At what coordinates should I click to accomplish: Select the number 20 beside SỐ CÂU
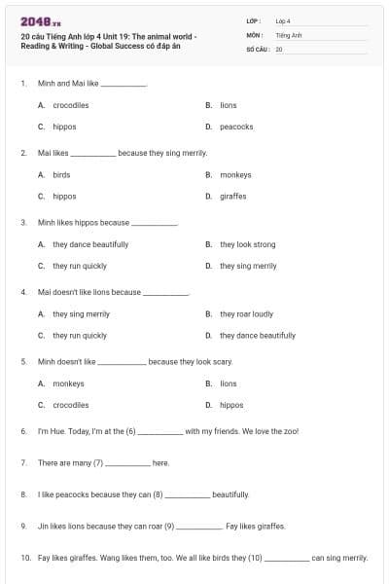pos(279,48)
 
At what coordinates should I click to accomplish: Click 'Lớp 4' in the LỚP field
pos(283,20)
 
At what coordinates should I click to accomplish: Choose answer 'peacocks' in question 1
pos(236,127)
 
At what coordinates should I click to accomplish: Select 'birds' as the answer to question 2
pos(61,175)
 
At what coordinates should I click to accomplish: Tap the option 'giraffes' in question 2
pos(232,196)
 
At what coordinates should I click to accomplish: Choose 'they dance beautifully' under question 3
pos(90,244)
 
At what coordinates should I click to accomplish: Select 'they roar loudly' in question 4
pos(246,314)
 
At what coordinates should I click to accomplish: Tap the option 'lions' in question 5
pos(228,383)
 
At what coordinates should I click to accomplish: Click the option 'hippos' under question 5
pos(231,405)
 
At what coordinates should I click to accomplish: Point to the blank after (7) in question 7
pos(127,463)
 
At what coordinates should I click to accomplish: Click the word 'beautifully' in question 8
pos(230,494)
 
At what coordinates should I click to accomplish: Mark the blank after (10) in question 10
pos(287,559)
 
